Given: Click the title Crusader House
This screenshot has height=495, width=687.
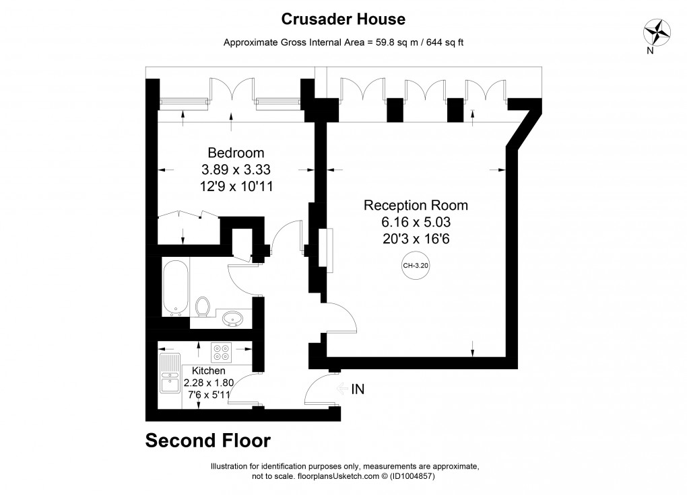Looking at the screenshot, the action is tap(343, 19).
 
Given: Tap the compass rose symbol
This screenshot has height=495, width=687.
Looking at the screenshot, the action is tap(657, 32).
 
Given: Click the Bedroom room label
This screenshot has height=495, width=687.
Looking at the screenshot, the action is tap(236, 153).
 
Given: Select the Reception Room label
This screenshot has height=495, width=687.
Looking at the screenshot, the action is tap(416, 205).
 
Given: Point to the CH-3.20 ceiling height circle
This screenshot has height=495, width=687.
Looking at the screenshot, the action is tap(416, 265).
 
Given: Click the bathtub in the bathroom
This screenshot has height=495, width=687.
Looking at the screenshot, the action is tap(176, 288).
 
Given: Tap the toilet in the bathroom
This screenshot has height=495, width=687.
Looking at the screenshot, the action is tap(203, 307).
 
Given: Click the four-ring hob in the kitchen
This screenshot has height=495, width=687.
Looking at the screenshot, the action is tap(221, 352).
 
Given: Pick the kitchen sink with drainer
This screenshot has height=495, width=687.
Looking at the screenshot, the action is tap(170, 373).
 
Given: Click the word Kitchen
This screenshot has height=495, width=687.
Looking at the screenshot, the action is tap(209, 371).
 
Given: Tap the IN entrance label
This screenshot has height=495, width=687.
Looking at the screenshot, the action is tap(358, 389).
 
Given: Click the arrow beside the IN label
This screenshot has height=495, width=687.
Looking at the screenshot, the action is tap(342, 389).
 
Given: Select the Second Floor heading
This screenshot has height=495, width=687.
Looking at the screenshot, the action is tap(208, 441).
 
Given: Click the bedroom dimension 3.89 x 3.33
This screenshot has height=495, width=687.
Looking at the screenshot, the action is tap(236, 169).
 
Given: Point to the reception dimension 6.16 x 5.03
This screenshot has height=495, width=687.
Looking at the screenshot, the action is tap(416, 222).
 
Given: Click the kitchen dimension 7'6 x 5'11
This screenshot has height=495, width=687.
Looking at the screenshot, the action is tap(209, 395).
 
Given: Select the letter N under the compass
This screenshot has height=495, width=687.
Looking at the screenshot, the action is tap(650, 50).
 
